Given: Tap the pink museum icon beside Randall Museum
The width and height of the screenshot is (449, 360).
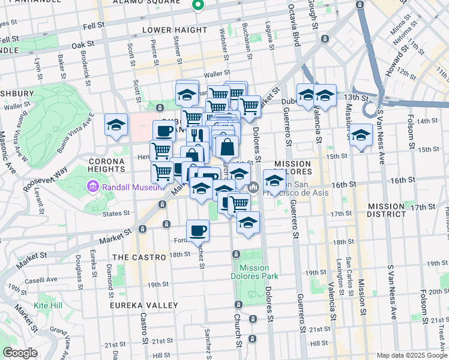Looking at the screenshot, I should (94, 187).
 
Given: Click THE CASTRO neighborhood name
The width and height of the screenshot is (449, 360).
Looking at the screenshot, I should (139, 257).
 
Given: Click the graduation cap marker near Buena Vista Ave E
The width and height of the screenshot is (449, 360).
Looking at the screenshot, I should (116, 124).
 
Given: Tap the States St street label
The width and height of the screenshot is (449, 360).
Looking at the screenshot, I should (116, 213).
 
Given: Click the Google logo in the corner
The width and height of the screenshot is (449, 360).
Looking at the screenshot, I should (20, 353).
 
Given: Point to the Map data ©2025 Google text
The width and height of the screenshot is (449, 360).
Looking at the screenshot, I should (411, 355).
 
